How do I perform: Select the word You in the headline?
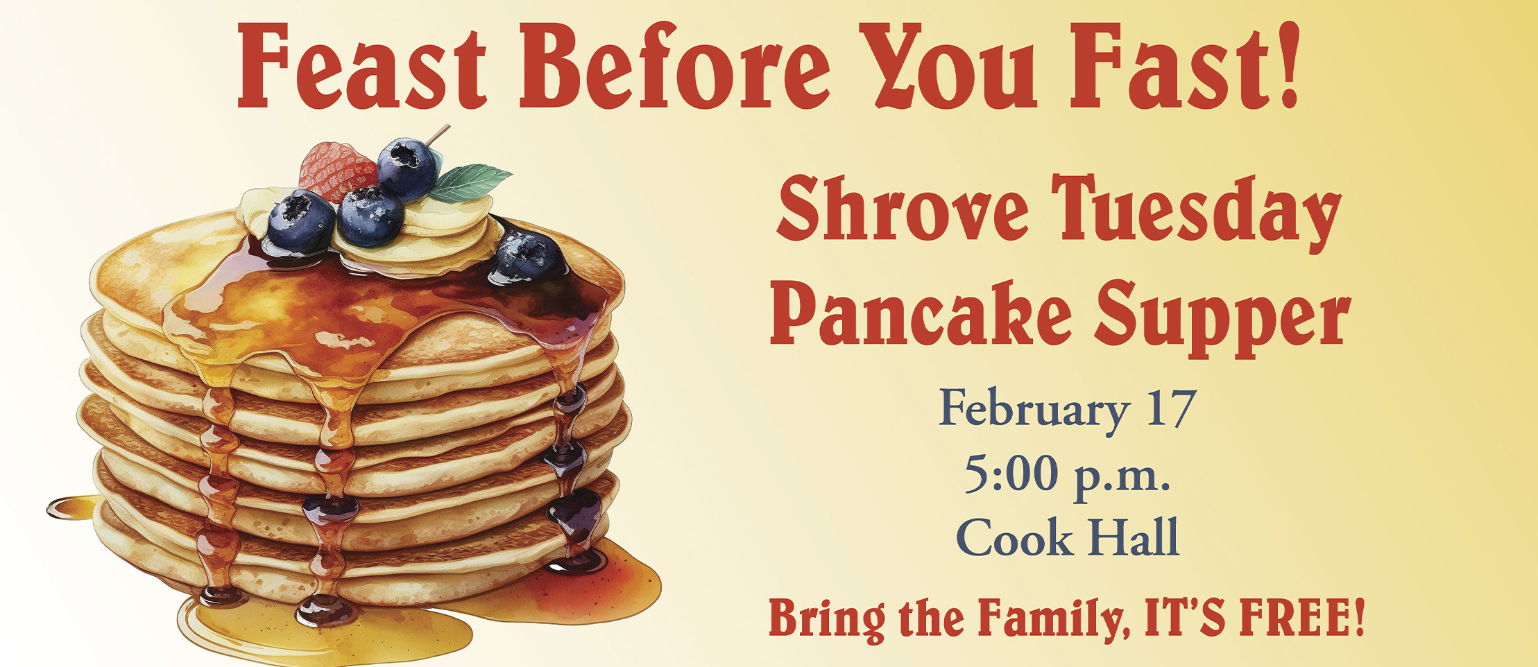(x=947, y=67)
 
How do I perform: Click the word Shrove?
(x=902, y=207)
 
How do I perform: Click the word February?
(x=1034, y=411)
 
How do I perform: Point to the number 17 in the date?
(x=1171, y=408)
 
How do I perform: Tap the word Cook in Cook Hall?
(x=1014, y=537)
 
